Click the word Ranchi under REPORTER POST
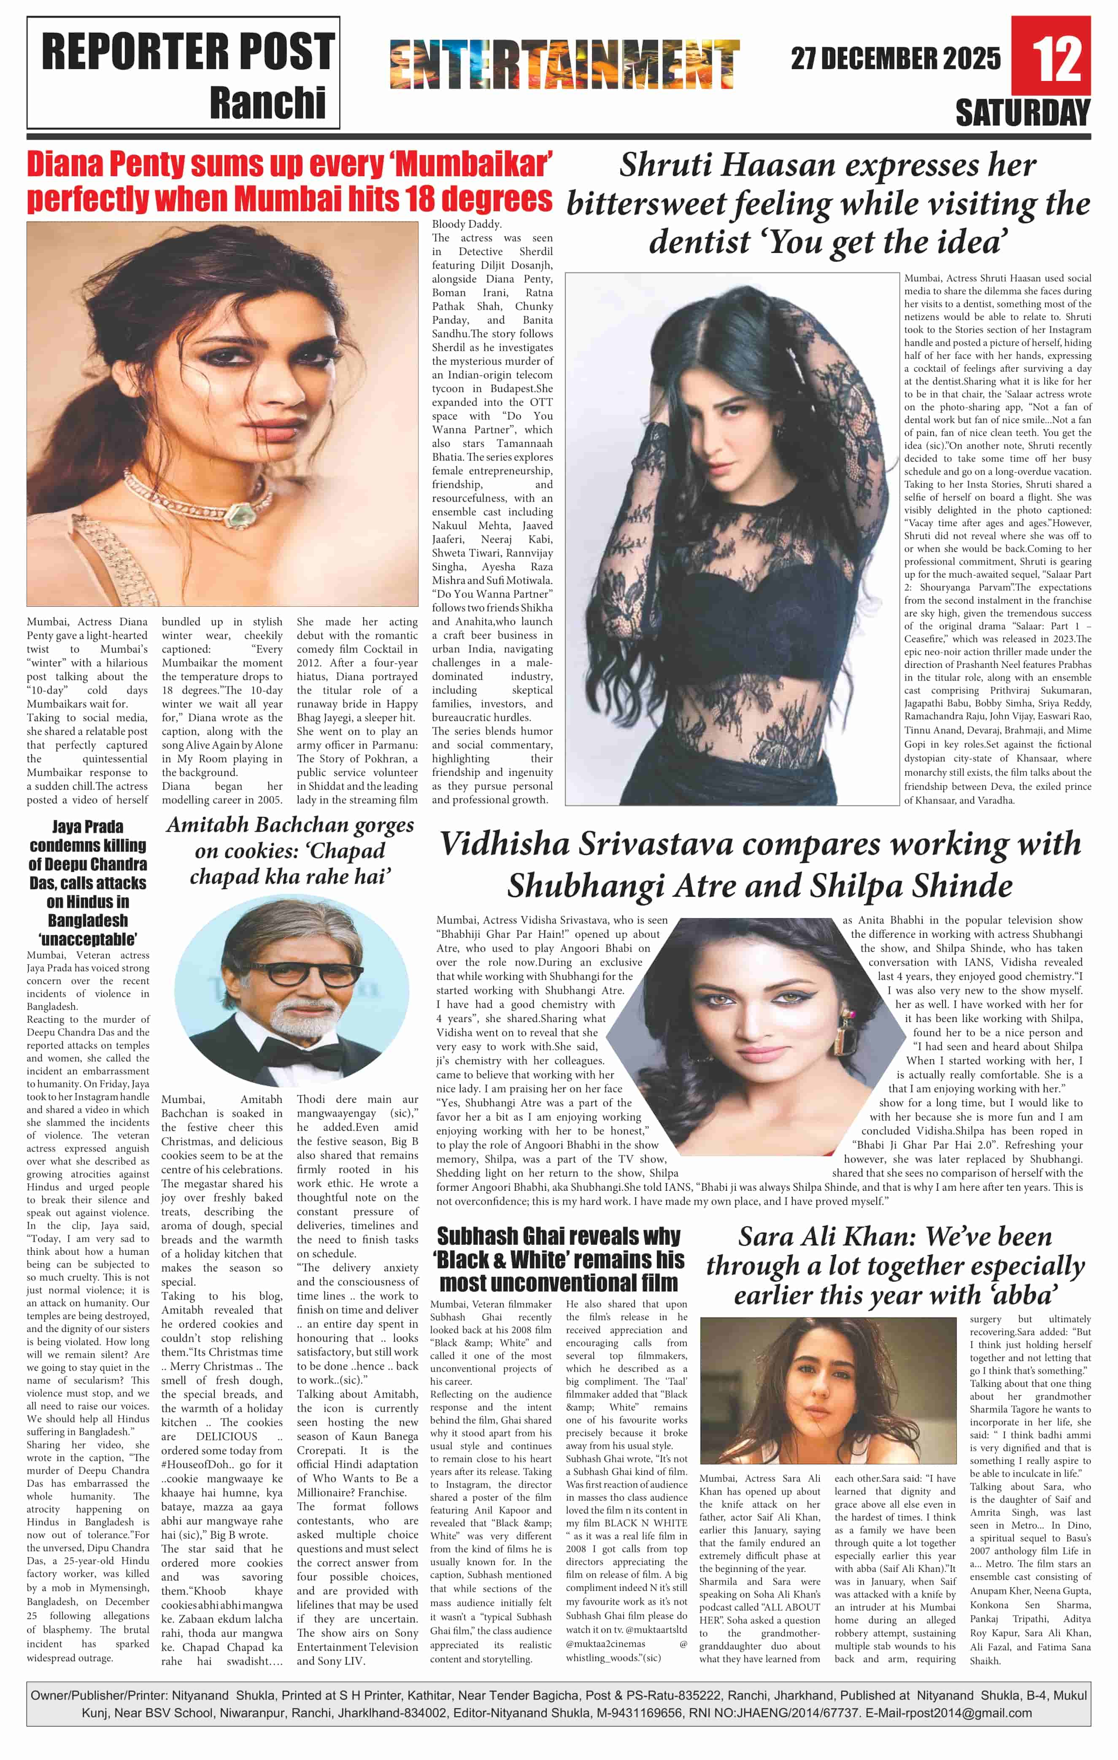[267, 102]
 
